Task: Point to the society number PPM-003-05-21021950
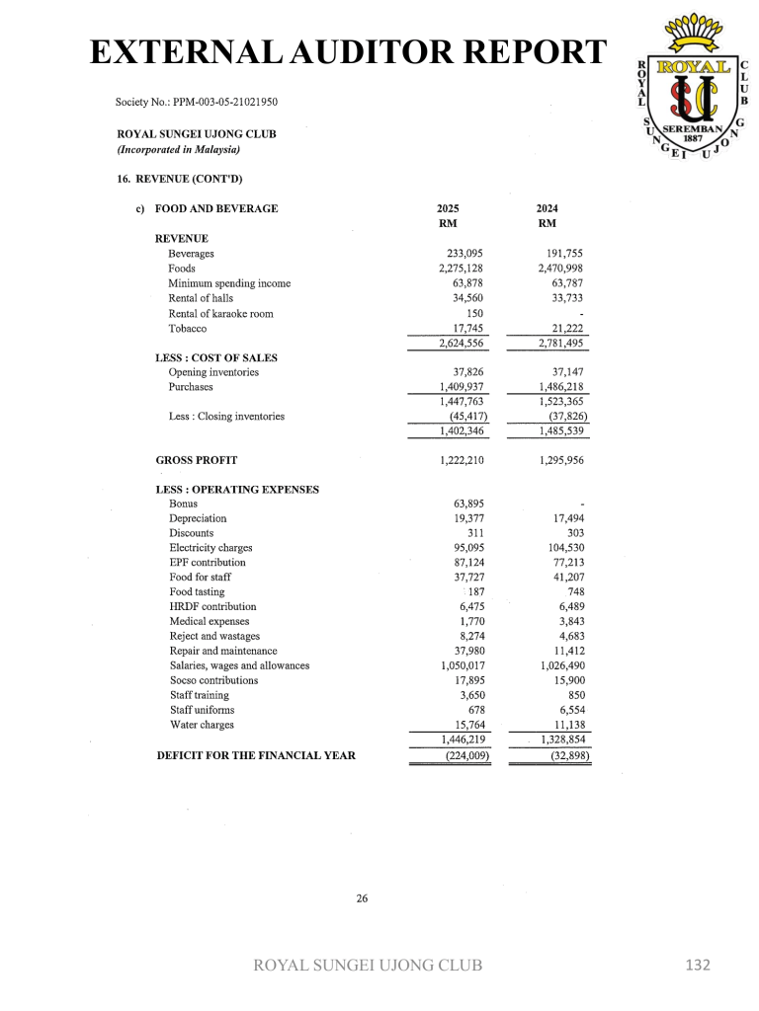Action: coord(196,102)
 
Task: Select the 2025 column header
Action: coord(448,208)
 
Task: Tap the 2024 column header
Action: coord(547,208)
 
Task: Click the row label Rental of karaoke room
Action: coord(220,314)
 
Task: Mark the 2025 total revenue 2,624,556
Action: coord(461,344)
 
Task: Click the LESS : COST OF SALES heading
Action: coord(216,357)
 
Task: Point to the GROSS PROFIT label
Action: coord(197,460)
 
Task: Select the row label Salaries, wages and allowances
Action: coord(239,665)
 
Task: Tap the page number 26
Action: coord(362,898)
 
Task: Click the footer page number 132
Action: coord(698,965)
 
